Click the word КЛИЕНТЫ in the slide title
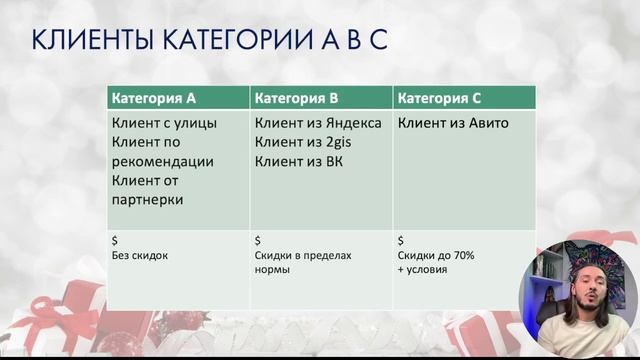(x=88, y=41)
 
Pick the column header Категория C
(x=439, y=98)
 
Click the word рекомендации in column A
(x=163, y=161)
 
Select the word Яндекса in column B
(x=346, y=123)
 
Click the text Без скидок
(x=140, y=256)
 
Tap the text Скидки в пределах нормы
(x=303, y=262)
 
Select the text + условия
(x=424, y=270)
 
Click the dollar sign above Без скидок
(x=115, y=241)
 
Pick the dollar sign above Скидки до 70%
(x=401, y=241)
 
